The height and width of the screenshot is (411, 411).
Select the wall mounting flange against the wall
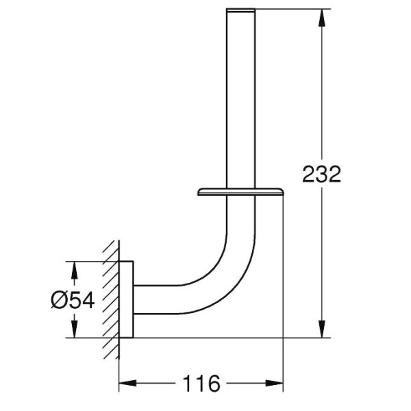point(126,299)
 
